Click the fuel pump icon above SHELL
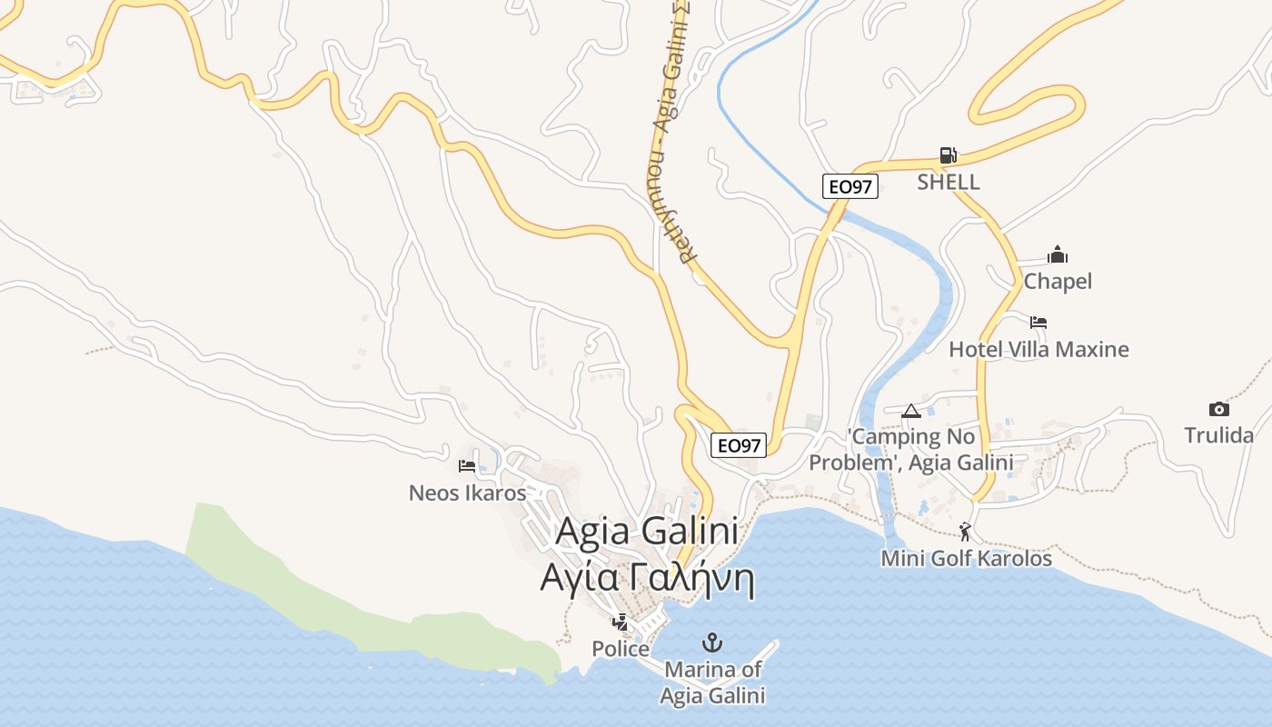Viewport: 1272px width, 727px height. [948, 155]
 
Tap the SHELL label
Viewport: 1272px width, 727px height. [949, 182]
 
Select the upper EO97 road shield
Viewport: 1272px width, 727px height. [850, 187]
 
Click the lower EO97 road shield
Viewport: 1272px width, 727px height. [739, 445]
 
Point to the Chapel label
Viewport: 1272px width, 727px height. [1058, 282]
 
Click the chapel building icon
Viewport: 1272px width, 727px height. [1058, 254]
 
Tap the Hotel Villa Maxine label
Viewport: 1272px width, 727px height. [1038, 350]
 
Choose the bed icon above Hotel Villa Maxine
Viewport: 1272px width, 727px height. [1038, 322]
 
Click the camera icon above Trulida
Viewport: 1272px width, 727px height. [1219, 409]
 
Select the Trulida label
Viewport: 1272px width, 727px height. [1219, 435]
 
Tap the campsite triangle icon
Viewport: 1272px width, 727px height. [911, 411]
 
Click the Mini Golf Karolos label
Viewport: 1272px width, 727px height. [966, 559]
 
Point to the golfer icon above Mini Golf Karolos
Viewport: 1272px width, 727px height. [965, 532]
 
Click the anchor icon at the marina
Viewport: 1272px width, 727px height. [713, 643]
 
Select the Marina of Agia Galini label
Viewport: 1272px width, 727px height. [713, 682]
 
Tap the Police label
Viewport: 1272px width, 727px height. [621, 650]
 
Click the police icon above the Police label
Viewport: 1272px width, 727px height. [621, 622]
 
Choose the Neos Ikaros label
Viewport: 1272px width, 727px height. [467, 493]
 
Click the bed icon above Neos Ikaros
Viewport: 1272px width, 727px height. [467, 466]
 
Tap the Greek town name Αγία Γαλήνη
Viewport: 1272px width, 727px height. [648, 579]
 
